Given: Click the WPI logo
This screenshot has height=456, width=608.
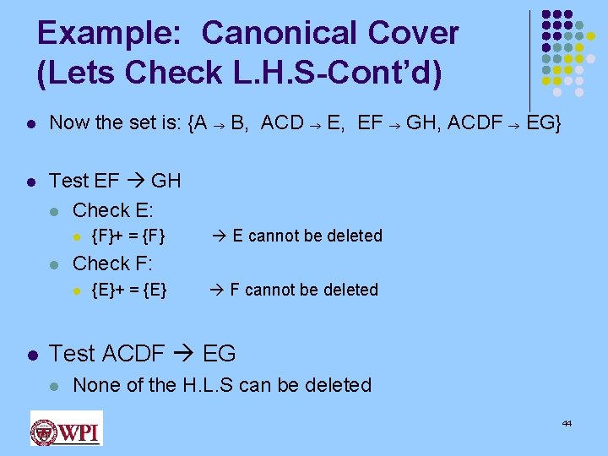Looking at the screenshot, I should [66, 428].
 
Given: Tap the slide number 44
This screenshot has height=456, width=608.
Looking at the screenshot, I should [567, 422].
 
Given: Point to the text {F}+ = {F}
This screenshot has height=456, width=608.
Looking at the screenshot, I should [128, 236].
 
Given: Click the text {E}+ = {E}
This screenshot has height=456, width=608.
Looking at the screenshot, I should [128, 290].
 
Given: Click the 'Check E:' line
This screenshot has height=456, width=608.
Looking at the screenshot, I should [113, 210].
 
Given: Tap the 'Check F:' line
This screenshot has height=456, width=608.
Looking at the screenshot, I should [113, 263].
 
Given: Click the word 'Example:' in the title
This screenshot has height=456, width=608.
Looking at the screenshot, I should [111, 33].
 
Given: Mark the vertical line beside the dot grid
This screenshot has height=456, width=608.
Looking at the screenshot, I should [529, 59].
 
